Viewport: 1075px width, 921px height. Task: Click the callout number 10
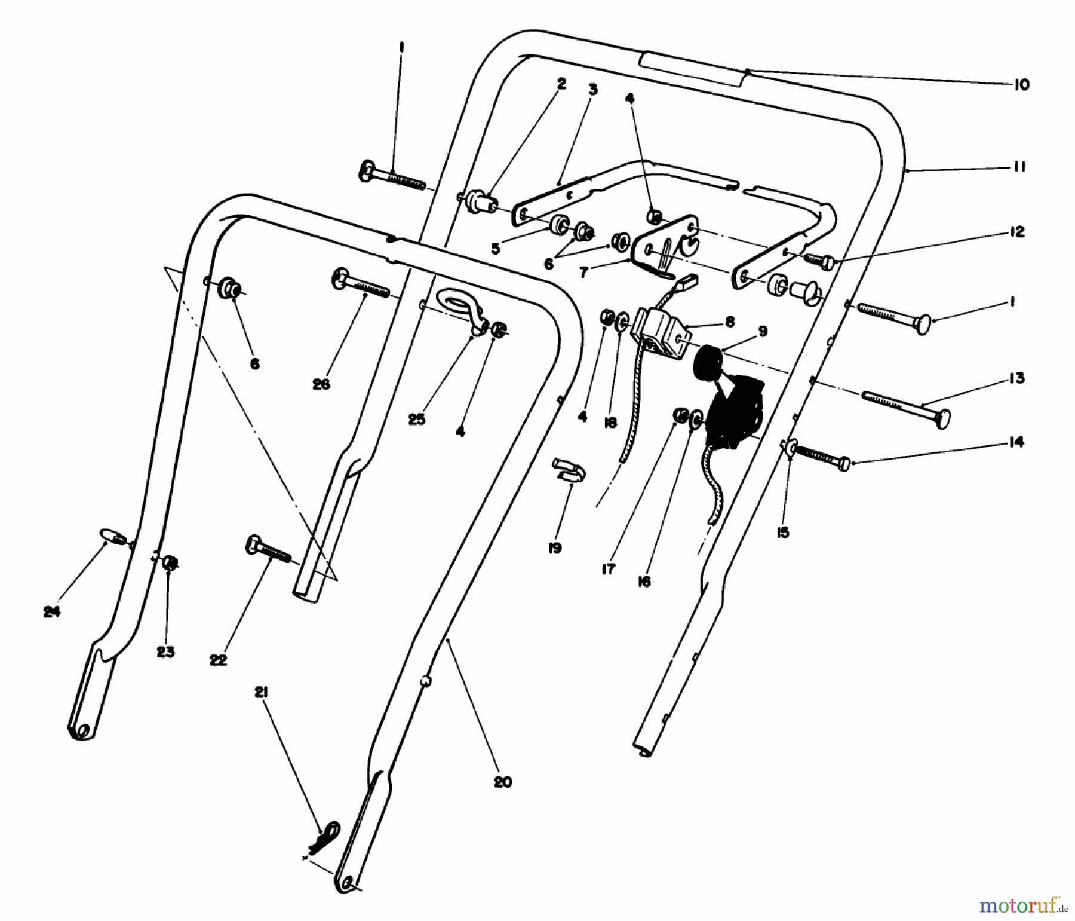pyautogui.click(x=1022, y=85)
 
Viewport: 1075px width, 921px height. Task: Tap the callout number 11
pyautogui.click(x=1019, y=167)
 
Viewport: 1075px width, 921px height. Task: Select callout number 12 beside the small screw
pyautogui.click(x=1017, y=231)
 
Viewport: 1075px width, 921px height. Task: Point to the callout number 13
pyautogui.click(x=1017, y=378)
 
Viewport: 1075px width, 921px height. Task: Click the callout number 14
pyautogui.click(x=1017, y=442)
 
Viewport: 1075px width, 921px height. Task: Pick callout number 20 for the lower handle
pyautogui.click(x=503, y=782)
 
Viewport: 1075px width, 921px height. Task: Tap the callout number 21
pyautogui.click(x=261, y=692)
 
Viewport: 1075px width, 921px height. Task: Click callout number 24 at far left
pyautogui.click(x=52, y=612)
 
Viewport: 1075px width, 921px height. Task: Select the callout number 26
pyautogui.click(x=321, y=384)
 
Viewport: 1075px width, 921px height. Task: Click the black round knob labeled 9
pyautogui.click(x=706, y=359)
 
